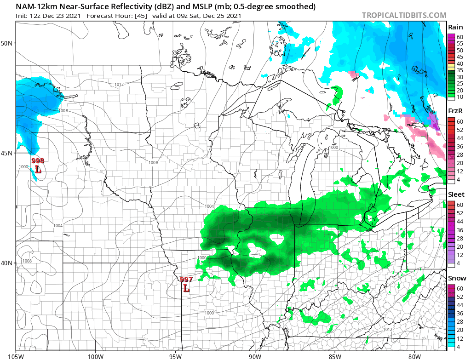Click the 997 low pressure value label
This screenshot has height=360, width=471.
(186, 280)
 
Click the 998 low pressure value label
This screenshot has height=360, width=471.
(38, 161)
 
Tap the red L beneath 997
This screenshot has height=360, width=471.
(186, 288)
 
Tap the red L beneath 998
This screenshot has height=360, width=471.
(38, 169)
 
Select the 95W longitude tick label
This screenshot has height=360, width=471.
(175, 355)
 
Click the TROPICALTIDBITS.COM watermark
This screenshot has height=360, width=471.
(404, 15)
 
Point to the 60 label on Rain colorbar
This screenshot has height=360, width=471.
(460, 37)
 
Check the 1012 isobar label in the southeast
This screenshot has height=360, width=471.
(387, 330)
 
